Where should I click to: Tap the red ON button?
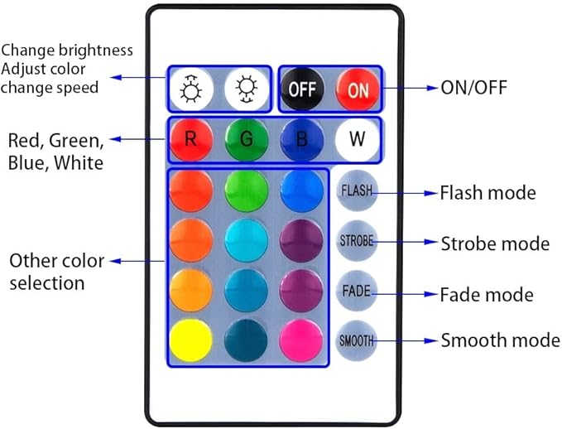[358, 89]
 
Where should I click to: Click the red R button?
[191, 139]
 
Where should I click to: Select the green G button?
[247, 139]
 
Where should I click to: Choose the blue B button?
[302, 139]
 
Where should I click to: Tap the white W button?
[358, 139]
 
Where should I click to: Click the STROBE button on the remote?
[357, 241]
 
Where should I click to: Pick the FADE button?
[357, 291]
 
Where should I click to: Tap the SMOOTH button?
[357, 340]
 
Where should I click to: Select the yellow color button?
[191, 340]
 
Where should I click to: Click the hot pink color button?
[301, 340]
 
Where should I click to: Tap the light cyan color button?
[246, 241]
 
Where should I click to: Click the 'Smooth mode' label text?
[500, 340]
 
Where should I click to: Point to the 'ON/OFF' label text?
[473, 88]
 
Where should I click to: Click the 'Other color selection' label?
[56, 272]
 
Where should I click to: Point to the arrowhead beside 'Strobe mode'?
[430, 242]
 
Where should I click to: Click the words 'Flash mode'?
[488, 193]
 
